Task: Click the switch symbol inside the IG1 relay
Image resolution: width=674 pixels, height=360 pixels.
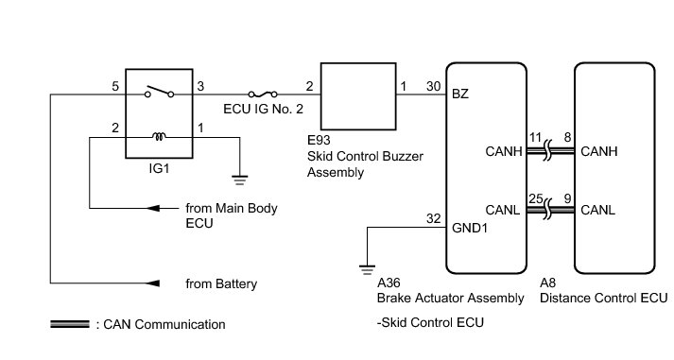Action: [x=160, y=92]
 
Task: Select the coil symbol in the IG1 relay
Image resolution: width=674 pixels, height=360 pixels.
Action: [x=159, y=137]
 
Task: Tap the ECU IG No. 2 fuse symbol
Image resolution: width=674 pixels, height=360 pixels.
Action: [x=263, y=94]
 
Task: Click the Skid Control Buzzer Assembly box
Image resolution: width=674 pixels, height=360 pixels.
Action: [x=358, y=96]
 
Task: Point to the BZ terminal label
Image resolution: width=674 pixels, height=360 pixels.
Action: [x=460, y=94]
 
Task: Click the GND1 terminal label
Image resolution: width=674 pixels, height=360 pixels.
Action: [x=470, y=228]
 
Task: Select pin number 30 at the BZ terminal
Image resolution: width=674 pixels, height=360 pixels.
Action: [x=433, y=86]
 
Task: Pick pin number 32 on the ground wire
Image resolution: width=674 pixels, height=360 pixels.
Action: [x=433, y=218]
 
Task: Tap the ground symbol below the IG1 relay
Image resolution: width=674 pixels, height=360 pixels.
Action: [x=239, y=180]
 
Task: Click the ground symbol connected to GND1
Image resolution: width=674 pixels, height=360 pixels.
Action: [x=367, y=270]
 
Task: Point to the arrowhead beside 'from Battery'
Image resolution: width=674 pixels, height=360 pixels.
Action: [x=153, y=283]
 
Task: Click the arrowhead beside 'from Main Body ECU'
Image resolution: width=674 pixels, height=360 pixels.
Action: [x=153, y=209]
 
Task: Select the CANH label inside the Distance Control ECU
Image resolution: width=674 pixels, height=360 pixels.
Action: [x=598, y=151]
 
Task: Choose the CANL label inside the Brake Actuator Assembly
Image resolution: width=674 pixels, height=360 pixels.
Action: [x=503, y=210]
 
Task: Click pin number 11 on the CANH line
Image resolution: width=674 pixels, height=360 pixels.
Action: [x=535, y=137]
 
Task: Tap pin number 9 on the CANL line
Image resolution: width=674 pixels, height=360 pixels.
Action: [x=567, y=199]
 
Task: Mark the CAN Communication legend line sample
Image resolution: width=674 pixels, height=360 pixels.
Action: [x=70, y=324]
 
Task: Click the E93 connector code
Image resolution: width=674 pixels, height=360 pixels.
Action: [x=319, y=140]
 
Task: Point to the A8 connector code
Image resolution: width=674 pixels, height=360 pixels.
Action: [x=547, y=283]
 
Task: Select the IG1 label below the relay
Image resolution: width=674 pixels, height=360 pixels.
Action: [x=159, y=168]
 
